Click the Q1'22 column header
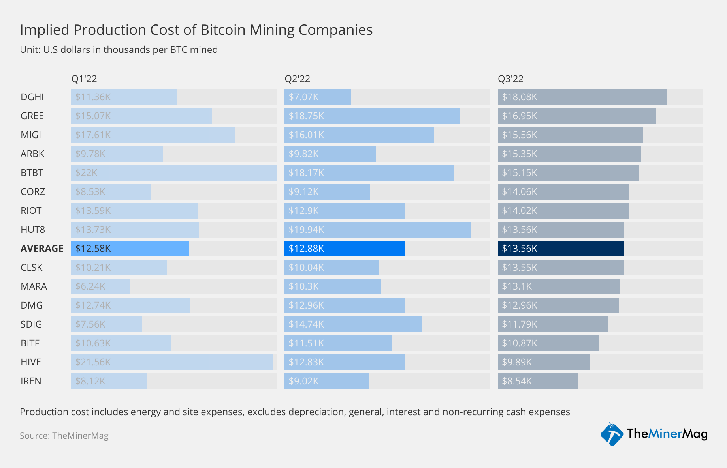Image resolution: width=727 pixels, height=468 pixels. pyautogui.click(x=84, y=79)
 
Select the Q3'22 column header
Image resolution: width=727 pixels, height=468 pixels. pyautogui.click(x=510, y=79)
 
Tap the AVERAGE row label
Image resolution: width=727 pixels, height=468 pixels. pyautogui.click(x=42, y=248)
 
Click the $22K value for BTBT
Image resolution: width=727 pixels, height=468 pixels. pyautogui.click(x=86, y=173)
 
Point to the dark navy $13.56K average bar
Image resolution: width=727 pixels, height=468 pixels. pyautogui.click(x=561, y=249)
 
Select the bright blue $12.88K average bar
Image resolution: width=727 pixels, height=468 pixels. pyautogui.click(x=344, y=249)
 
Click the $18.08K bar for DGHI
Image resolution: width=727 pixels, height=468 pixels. pyautogui.click(x=582, y=97)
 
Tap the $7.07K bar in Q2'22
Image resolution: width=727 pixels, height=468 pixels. pyautogui.click(x=317, y=97)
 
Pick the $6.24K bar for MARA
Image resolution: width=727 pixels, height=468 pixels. pyautogui.click(x=100, y=286)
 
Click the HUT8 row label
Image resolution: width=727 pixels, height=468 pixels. pyautogui.click(x=33, y=229)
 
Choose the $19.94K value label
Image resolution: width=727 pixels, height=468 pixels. pyautogui.click(x=306, y=229)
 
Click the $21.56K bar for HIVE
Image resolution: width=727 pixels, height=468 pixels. pyautogui.click(x=171, y=362)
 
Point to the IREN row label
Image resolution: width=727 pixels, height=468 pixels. pyautogui.click(x=31, y=381)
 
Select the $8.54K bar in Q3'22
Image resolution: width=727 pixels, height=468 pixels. pyautogui.click(x=537, y=381)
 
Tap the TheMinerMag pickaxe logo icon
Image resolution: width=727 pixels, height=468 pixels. pyautogui.click(x=612, y=434)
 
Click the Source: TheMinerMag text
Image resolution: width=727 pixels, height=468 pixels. pyautogui.click(x=64, y=436)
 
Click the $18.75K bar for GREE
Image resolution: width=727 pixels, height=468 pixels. pyautogui.click(x=372, y=116)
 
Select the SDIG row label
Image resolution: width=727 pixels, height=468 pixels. pyautogui.click(x=31, y=324)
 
